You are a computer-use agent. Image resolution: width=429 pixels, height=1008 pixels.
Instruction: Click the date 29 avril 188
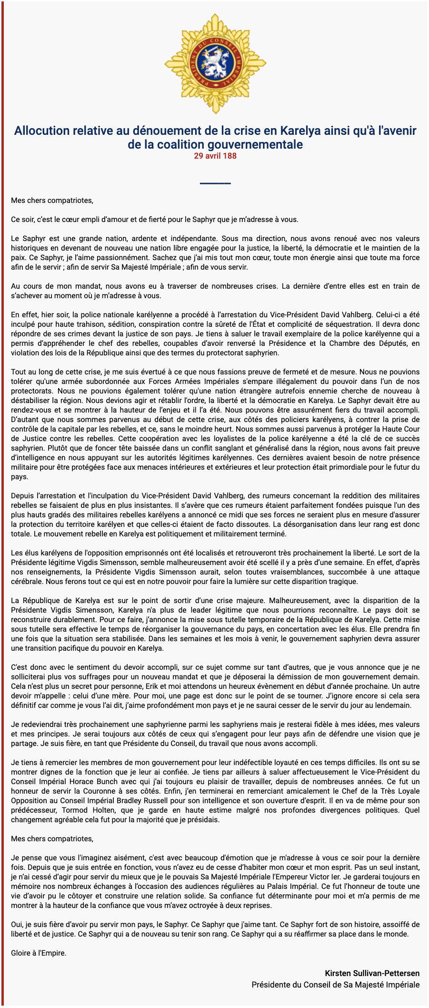[215, 156]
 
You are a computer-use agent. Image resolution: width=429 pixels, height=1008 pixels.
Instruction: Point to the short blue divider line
[215, 183]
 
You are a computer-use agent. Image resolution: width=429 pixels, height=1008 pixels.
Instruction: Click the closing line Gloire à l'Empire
[39, 953]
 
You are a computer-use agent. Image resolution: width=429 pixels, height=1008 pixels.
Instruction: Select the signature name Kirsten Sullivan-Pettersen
[372, 973]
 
